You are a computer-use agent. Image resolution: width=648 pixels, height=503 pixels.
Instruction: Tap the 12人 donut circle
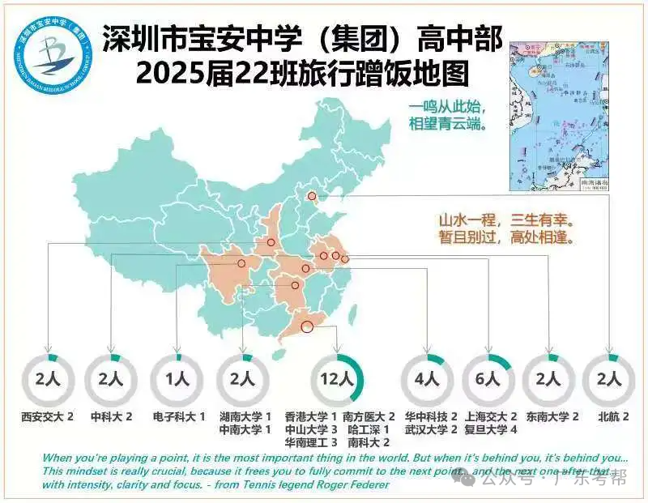(x=337, y=379)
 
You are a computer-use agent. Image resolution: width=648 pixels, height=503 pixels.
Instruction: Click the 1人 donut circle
(x=178, y=379)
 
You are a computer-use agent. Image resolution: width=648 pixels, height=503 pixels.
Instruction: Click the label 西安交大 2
(x=48, y=416)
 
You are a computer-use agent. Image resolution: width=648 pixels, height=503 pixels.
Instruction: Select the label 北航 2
(x=613, y=416)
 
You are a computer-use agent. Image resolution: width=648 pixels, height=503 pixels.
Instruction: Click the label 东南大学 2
(x=552, y=416)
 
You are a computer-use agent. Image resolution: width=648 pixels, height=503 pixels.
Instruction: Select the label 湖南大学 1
(x=245, y=416)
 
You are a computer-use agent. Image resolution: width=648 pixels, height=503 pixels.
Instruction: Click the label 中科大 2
(x=112, y=416)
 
